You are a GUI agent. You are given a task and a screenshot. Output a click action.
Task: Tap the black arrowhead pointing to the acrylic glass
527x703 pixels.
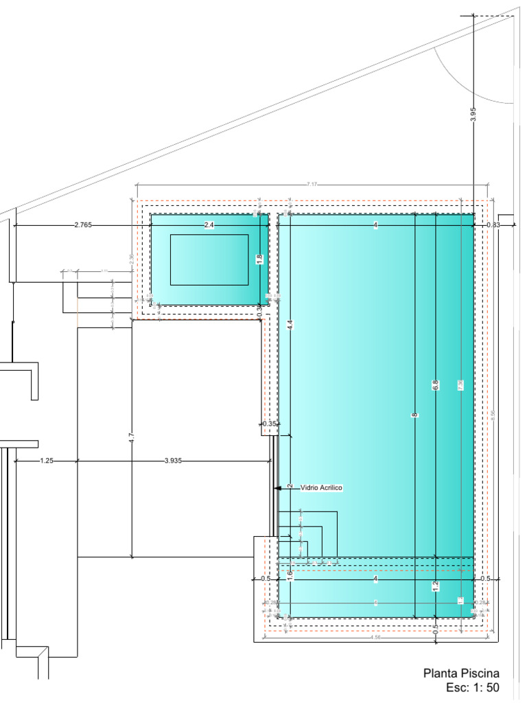click(x=277, y=487)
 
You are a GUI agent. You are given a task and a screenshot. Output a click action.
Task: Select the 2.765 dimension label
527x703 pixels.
click(x=83, y=225)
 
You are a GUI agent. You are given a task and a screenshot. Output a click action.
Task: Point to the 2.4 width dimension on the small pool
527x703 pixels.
click(x=209, y=225)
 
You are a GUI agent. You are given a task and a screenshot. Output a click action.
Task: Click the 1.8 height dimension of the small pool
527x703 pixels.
click(x=259, y=260)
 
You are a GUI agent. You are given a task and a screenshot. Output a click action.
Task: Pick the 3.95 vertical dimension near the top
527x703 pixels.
click(x=473, y=115)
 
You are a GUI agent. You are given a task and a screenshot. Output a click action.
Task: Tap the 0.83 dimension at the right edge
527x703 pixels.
click(x=493, y=225)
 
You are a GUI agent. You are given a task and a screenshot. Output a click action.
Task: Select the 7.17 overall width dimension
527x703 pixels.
click(x=312, y=184)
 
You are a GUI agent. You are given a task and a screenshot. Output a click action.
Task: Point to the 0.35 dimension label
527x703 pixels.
click(x=269, y=424)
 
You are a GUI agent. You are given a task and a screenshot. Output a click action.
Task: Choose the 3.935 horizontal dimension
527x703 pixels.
click(x=174, y=461)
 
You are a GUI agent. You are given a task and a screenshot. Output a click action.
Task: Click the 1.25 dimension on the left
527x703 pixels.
click(x=46, y=461)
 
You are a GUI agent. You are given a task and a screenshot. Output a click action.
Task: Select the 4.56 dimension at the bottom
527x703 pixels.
click(x=375, y=638)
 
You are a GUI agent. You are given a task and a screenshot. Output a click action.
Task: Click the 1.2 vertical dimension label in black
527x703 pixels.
click(x=435, y=586)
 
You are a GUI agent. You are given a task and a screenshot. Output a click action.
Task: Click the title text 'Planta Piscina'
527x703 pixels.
click(x=460, y=673)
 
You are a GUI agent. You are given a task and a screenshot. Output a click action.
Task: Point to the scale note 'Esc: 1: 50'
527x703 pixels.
click(x=472, y=687)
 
